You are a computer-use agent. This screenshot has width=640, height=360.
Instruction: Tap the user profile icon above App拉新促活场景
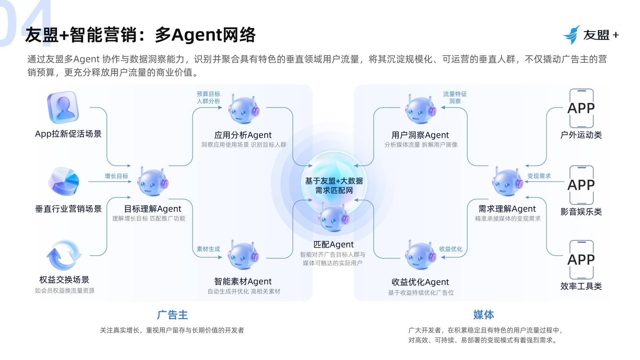(63, 107)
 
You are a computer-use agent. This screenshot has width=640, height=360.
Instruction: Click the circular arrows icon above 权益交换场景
(64, 255)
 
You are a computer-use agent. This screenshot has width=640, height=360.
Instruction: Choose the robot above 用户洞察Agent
(420, 109)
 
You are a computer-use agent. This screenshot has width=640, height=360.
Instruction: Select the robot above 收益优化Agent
(420, 256)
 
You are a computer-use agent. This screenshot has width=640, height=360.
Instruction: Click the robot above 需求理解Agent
(508, 182)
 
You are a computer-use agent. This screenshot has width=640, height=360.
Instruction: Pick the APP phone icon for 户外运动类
(581, 108)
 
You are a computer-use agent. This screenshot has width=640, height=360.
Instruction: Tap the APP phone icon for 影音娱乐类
(581, 185)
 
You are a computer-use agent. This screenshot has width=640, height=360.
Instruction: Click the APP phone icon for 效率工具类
(581, 260)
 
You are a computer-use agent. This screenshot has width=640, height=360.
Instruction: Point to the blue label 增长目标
(116, 176)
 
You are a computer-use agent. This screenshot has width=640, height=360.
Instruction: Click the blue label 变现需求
(539, 176)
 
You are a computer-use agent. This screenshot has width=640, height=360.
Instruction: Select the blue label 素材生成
(208, 249)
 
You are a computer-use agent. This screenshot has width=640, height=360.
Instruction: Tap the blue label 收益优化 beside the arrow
(451, 249)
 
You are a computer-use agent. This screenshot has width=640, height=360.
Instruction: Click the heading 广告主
(172, 315)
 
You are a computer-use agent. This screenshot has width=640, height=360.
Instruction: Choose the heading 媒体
(484, 315)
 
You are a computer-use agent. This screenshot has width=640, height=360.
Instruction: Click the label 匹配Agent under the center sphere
(333, 244)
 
